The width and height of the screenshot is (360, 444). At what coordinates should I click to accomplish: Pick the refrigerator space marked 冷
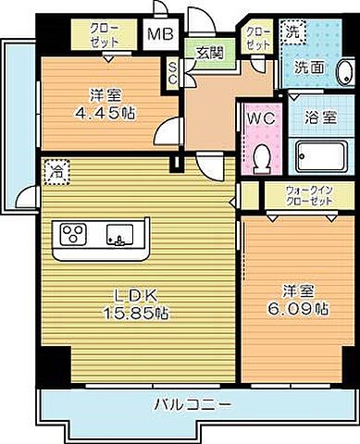pos(58,171)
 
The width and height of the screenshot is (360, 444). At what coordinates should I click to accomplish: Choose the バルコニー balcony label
pos(189,404)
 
